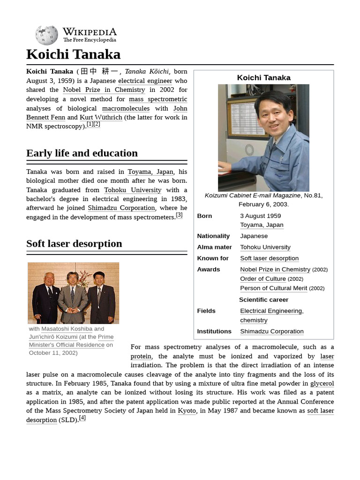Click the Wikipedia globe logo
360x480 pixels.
(46, 35)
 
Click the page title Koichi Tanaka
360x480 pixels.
(73, 54)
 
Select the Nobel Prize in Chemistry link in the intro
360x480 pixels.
(104, 90)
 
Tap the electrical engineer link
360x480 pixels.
(145, 81)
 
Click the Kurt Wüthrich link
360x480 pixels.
(101, 117)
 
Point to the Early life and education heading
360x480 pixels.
(82, 153)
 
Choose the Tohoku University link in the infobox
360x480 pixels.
(265, 247)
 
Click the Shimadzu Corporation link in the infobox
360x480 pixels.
(271, 331)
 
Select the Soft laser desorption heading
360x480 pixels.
(74, 244)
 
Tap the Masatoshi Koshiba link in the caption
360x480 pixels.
(67, 329)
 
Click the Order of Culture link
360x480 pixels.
(262, 279)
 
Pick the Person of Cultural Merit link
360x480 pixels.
(273, 288)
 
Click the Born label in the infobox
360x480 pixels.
(204, 216)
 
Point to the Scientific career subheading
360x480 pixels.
(263, 300)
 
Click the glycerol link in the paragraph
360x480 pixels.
(322, 383)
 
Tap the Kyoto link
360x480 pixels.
(187, 411)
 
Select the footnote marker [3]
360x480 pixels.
(179, 215)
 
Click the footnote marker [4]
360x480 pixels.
(82, 418)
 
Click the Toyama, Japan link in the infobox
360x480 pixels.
(262, 225)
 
